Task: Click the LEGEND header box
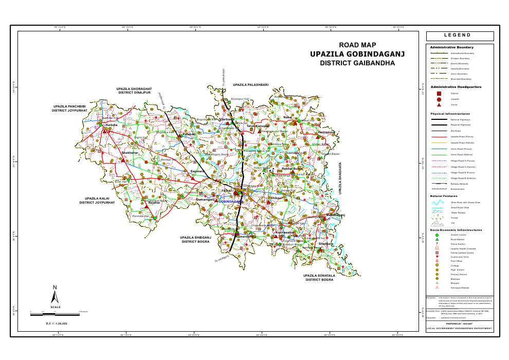[460, 36]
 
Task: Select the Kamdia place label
[112, 125]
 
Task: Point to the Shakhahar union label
[129, 153]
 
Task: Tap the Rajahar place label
[155, 203]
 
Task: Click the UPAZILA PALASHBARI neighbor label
[250, 84]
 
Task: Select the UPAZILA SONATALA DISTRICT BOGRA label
[320, 278]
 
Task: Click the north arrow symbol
[55, 295]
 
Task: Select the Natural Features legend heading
[443, 196]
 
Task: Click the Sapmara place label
[198, 171]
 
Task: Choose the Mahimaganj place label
[335, 214]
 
